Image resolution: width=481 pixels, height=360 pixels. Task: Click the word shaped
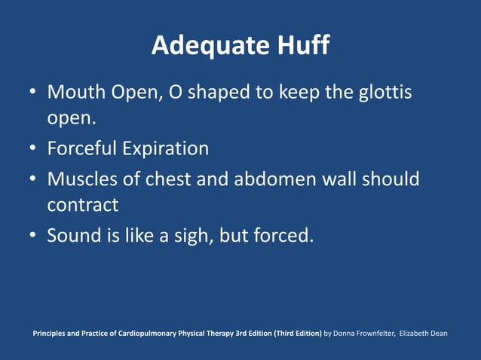tap(223, 94)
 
